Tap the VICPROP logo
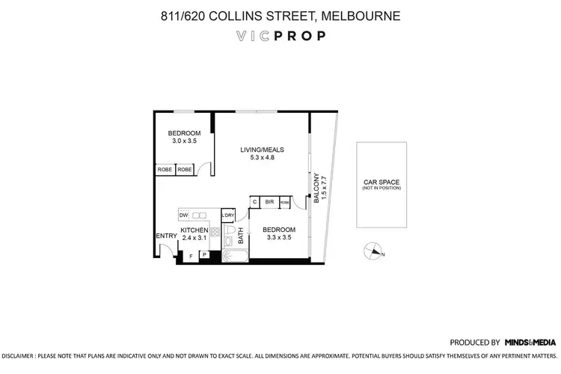click(x=280, y=36)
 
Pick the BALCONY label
click(x=316, y=187)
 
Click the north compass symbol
click(x=372, y=252)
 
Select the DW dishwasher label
click(x=183, y=215)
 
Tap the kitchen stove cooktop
click(x=214, y=233)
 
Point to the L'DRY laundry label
click(x=228, y=215)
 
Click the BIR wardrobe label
click(x=269, y=202)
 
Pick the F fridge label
click(x=191, y=257)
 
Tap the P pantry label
click(x=203, y=255)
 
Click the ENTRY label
click(x=165, y=236)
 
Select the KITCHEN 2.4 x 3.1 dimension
click(x=194, y=237)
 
